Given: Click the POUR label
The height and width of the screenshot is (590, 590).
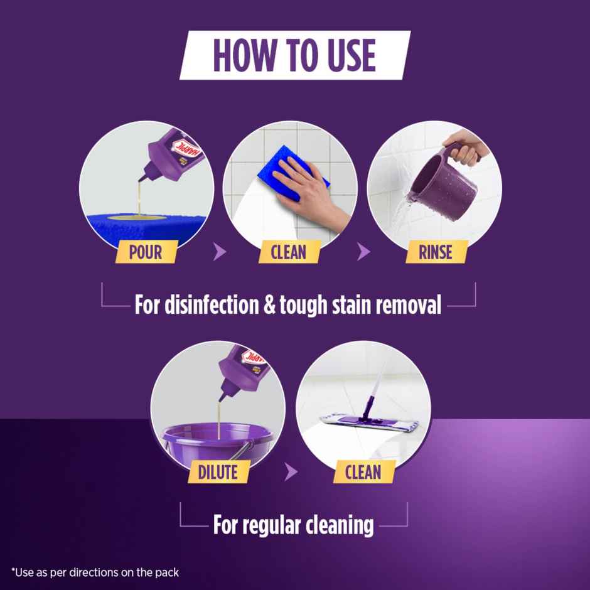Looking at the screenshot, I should tap(146, 252).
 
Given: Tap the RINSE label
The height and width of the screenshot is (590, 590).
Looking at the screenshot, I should tap(436, 252).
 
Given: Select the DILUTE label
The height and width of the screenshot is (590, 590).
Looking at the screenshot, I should tap(218, 471).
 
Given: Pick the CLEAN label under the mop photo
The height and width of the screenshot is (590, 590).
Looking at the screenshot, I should tap(363, 471).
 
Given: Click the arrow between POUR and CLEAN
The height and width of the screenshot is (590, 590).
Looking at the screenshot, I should tap(219, 253).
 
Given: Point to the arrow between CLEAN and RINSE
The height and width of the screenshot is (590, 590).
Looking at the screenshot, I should tap(363, 253).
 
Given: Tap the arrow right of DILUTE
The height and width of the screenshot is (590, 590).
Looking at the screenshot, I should tap(291, 472).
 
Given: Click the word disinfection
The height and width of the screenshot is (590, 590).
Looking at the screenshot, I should tap(205, 305).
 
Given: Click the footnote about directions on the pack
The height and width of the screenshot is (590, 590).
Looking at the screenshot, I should tap(95, 572).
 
